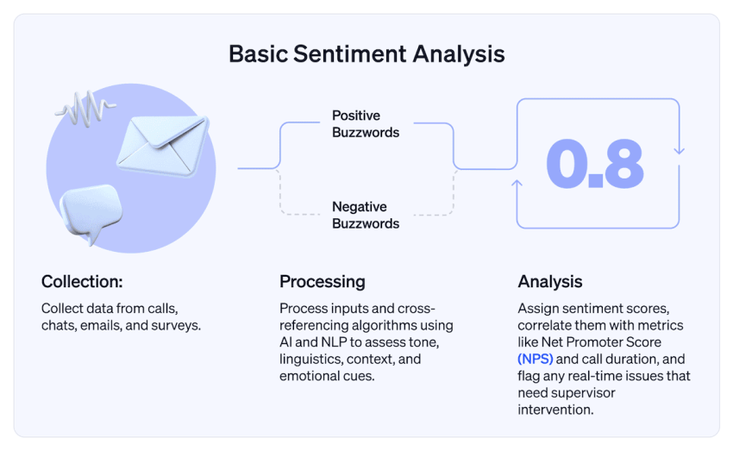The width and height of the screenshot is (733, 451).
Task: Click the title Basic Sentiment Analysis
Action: [x=366, y=53]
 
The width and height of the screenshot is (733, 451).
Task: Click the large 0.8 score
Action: [x=595, y=164]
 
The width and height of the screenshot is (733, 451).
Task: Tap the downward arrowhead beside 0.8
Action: [x=679, y=150]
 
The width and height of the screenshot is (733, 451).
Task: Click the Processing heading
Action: [x=322, y=282]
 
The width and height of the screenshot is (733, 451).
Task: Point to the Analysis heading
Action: [x=549, y=282]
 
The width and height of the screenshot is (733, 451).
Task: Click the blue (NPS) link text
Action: [x=536, y=359]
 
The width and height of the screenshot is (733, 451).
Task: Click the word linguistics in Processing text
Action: [x=310, y=359]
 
